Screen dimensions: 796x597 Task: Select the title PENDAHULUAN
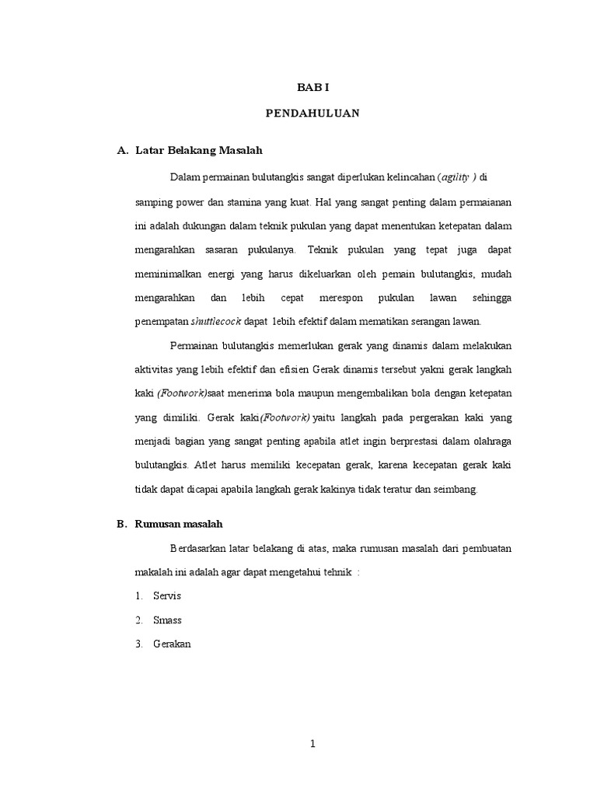point(312,113)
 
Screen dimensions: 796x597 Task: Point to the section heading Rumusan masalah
point(179,524)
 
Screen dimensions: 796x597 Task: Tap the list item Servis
point(167,596)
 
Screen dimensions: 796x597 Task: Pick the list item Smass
point(167,620)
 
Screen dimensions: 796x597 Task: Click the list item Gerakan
point(173,644)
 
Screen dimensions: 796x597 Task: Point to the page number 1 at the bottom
point(312,744)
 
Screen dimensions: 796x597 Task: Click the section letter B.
point(121,524)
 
